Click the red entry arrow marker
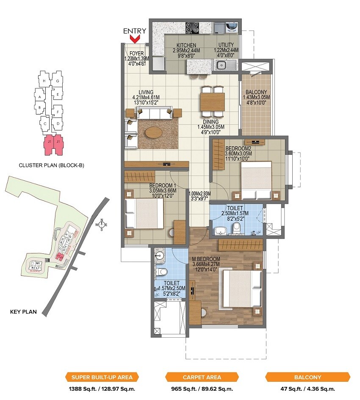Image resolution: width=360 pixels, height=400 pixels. [135, 39]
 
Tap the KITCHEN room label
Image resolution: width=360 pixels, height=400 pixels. [186, 45]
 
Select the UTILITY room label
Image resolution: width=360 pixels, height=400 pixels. [226, 45]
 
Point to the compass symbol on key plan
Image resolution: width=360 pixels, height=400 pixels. [102, 225]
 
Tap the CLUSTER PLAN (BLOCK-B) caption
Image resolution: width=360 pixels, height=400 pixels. [52, 165]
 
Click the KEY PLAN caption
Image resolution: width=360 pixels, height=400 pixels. [23, 312]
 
